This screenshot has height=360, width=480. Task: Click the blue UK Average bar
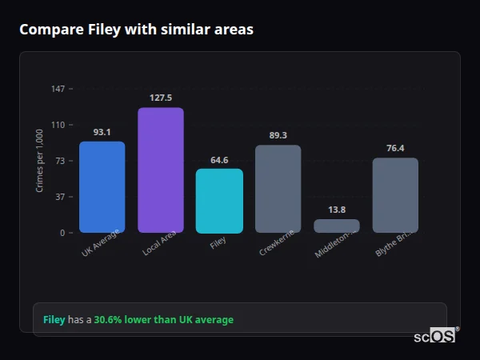102,187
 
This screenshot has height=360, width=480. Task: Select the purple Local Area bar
161,170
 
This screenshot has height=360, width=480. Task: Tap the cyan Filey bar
219,201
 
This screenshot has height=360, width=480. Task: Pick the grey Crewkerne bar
278,189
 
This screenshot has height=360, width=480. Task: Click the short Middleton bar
337,226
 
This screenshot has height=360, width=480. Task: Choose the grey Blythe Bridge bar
395,195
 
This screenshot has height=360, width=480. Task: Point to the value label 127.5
161,98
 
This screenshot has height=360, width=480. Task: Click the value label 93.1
102,132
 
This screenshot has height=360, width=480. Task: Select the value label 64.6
219,159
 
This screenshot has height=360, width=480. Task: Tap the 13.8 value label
337,210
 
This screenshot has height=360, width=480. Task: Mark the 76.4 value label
395,148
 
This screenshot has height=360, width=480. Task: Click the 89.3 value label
278,135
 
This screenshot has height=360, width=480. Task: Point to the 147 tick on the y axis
58,88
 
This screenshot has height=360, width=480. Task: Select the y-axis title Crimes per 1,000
39,161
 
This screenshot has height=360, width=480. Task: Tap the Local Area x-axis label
160,245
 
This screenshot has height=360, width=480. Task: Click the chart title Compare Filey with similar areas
136,30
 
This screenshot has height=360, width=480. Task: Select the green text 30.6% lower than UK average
164,320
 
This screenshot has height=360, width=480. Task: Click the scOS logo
434,336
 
